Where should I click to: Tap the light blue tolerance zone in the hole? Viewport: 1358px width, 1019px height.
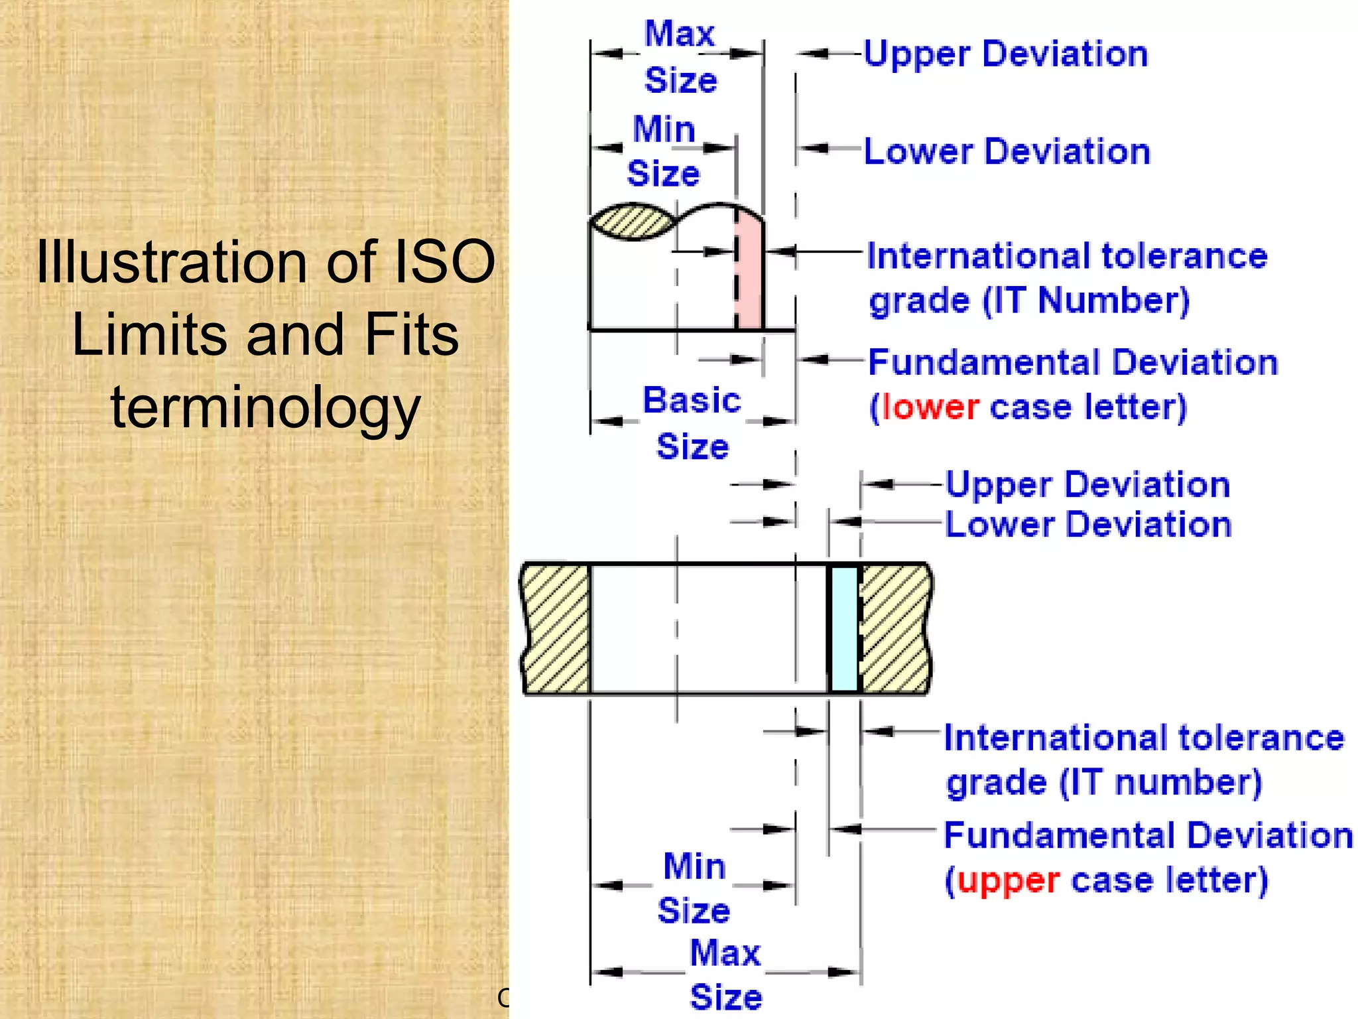(844, 628)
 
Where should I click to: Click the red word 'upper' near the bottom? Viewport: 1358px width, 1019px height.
(1008, 881)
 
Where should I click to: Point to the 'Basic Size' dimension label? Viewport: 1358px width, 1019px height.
(692, 423)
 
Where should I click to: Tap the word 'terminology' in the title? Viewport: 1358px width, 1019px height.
(265, 407)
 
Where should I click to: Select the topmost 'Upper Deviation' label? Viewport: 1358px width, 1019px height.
(1005, 54)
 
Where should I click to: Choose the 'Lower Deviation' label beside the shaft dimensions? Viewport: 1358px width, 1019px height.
(1007, 152)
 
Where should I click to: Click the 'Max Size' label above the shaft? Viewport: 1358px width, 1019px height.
(680, 57)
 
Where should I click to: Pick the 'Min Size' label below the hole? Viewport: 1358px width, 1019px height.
(694, 888)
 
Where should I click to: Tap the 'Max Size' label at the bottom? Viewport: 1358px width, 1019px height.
(725, 975)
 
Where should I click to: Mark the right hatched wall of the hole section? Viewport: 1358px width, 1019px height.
(895, 628)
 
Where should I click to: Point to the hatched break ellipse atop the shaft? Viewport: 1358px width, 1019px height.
(631, 222)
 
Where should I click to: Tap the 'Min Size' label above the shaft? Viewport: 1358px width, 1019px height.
(664, 151)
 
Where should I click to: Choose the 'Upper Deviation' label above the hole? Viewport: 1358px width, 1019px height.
(1087, 485)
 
